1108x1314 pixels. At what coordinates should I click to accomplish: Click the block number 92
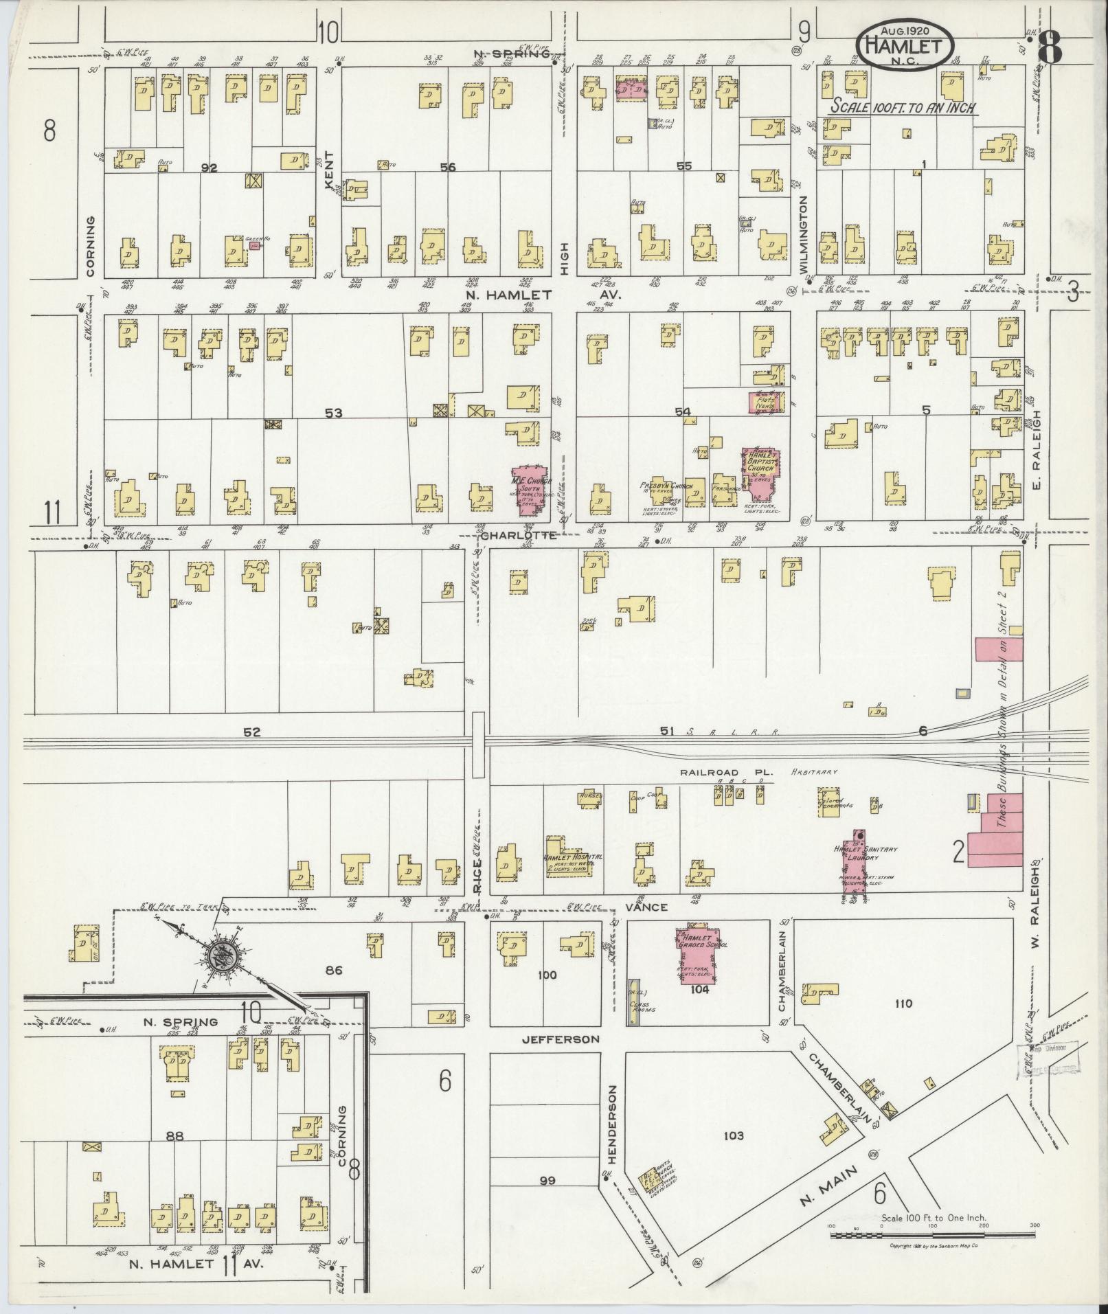click(x=210, y=167)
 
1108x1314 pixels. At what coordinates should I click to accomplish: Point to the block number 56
click(x=448, y=167)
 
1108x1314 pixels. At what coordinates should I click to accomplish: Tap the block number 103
click(x=734, y=1135)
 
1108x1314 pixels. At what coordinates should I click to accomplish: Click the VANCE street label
click(x=647, y=907)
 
